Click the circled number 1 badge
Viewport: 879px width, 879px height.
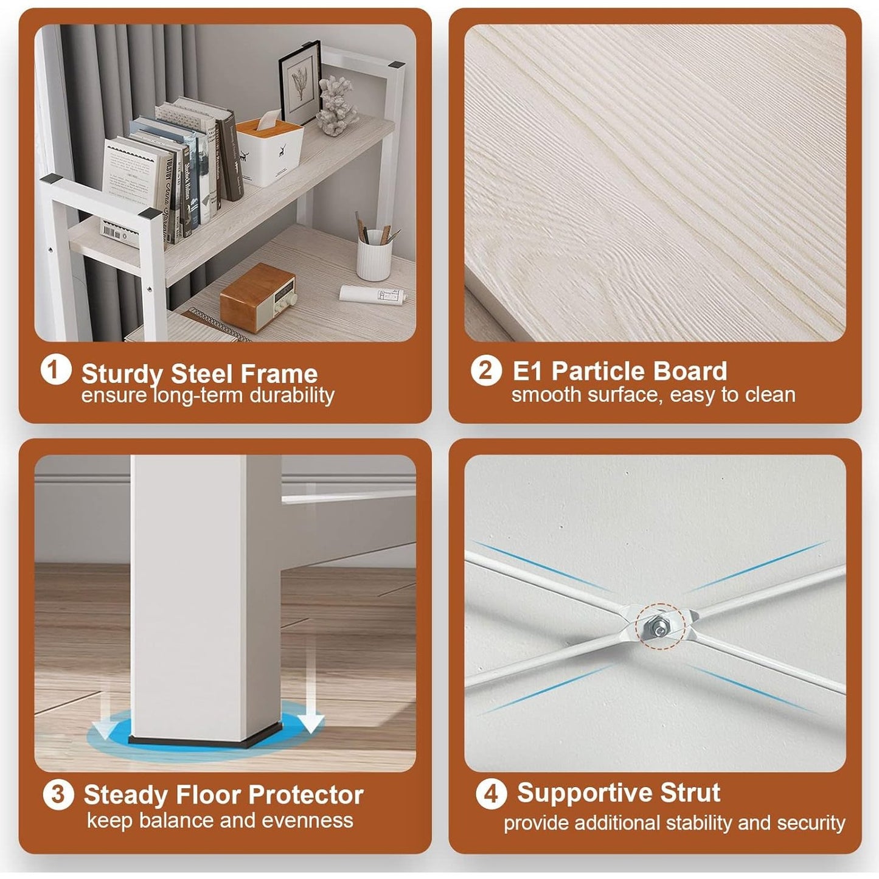pos(55,370)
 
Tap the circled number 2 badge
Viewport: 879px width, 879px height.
pos(486,370)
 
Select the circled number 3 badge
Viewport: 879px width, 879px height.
pos(58,794)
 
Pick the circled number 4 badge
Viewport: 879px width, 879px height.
pos(491,794)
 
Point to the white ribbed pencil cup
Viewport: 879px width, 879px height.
pos(374,255)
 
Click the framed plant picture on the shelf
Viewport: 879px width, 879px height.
pos(300,82)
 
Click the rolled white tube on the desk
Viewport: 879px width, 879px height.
pos(373,294)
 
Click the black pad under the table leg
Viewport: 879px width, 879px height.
pos(205,738)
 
